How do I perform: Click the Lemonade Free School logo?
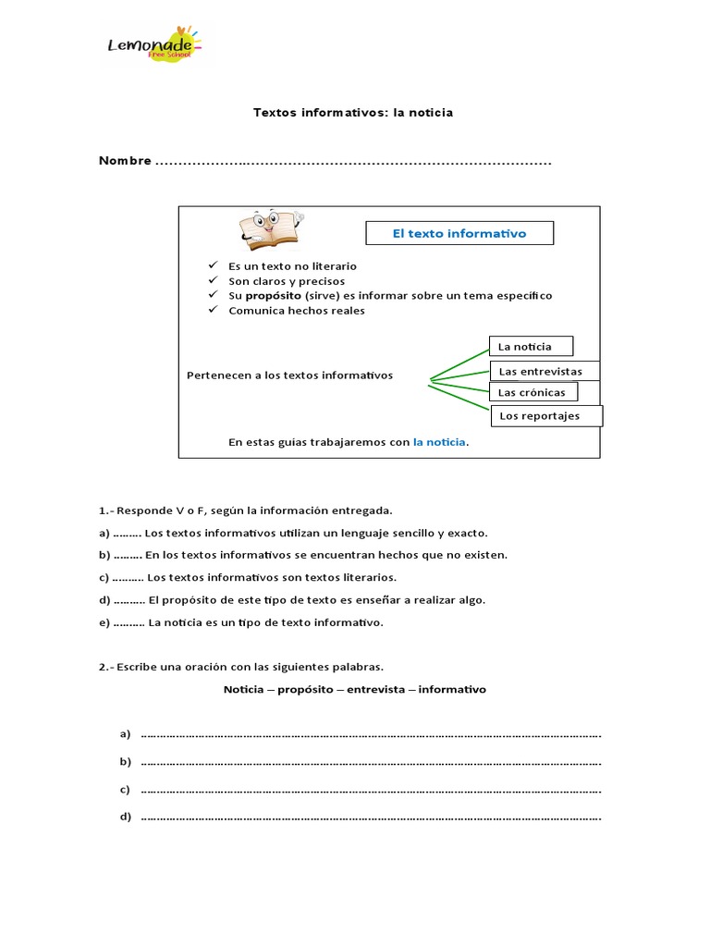pos(152,44)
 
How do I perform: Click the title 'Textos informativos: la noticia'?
pos(353,113)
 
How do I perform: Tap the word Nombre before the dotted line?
pos(125,161)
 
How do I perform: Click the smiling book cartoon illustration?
pos(270,228)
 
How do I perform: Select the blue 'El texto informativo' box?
pos(459,233)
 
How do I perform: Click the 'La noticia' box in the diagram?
pos(531,347)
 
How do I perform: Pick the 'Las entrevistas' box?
pos(545,371)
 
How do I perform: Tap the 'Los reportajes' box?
pos(545,416)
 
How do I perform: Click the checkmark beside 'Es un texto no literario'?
pos(214,265)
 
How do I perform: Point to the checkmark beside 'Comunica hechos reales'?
pos(214,311)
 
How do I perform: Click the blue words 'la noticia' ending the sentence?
pos(439,442)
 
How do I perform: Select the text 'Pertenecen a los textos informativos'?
pos(289,375)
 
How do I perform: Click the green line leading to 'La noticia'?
pos(459,363)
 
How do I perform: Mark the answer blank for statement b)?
pos(128,555)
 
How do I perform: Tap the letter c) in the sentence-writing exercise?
pos(124,790)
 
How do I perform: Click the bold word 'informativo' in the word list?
pos(452,690)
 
